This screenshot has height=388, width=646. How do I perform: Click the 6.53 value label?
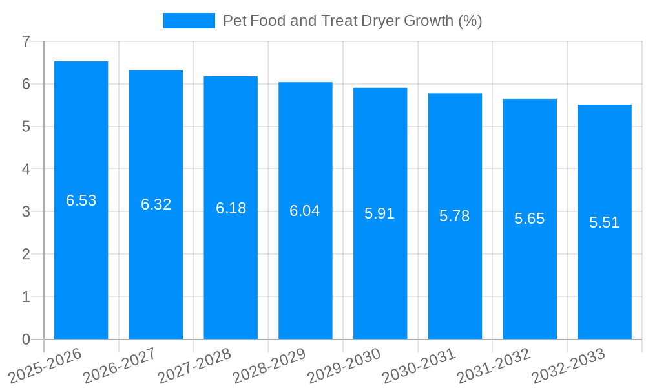click(81, 200)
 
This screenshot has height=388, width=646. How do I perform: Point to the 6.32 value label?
click(156, 204)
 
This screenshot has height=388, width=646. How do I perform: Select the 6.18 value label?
click(231, 208)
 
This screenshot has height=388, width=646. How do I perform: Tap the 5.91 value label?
click(380, 213)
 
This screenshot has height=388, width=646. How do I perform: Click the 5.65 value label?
click(530, 219)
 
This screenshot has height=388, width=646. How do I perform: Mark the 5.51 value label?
click(605, 222)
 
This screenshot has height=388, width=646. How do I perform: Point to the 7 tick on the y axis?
click(26, 41)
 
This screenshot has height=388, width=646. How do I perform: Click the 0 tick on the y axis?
click(26, 339)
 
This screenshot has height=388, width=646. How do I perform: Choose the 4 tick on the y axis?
click(26, 169)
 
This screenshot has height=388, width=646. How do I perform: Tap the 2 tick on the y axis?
click(26, 254)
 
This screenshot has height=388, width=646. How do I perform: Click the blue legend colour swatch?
click(189, 21)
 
